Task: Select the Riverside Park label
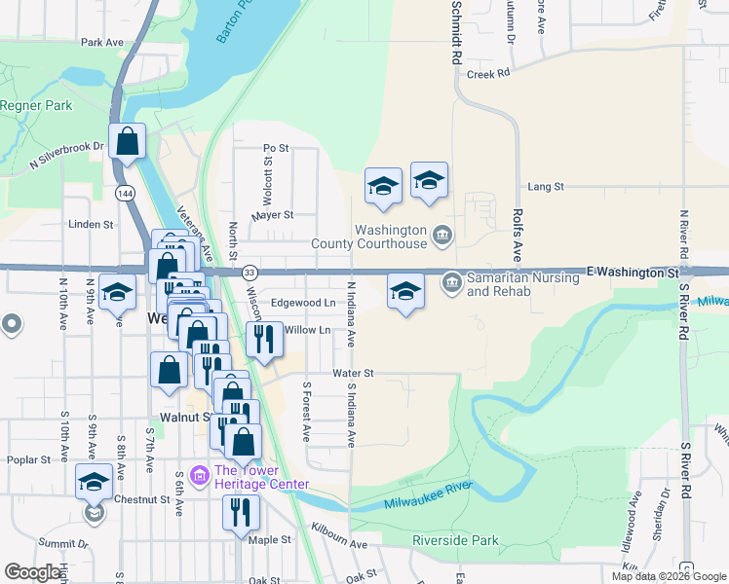(455, 541)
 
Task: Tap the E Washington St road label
(633, 274)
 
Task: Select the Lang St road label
(546, 186)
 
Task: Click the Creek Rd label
(488, 73)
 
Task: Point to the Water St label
(353, 373)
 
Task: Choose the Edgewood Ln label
(302, 303)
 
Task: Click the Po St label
(277, 148)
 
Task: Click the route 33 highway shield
(250, 272)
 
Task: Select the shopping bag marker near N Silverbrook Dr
(128, 142)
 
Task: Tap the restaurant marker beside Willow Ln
(263, 339)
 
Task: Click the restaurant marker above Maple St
(240, 511)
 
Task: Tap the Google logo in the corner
(32, 572)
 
